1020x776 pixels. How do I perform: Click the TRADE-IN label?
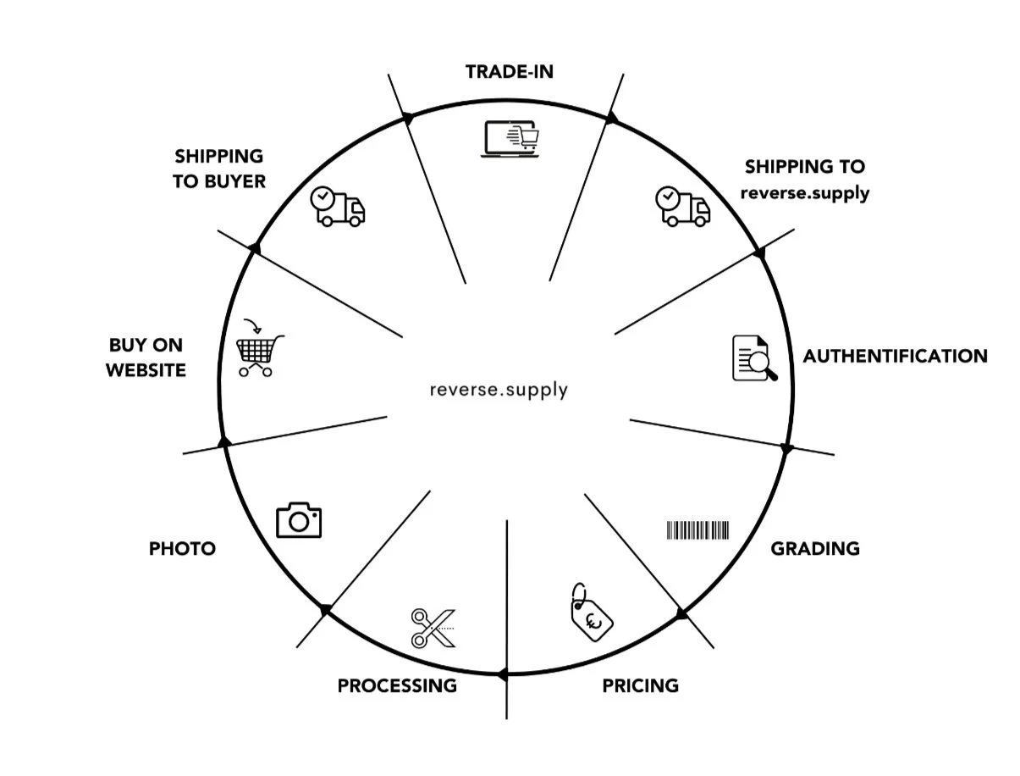click(x=509, y=72)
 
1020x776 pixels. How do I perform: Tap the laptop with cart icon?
click(x=510, y=139)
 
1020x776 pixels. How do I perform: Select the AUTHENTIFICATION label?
click(x=895, y=356)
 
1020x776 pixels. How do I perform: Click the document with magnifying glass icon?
click(x=753, y=358)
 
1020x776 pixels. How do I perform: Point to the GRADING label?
click(x=814, y=549)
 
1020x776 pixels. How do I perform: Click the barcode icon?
click(x=697, y=530)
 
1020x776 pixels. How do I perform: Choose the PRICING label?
click(x=640, y=686)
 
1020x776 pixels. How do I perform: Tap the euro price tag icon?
click(x=591, y=612)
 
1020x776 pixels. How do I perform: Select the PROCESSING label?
click(x=397, y=686)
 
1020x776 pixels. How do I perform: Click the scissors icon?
click(x=433, y=628)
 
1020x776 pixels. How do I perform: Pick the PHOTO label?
click(x=182, y=549)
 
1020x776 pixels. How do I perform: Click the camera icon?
click(x=298, y=520)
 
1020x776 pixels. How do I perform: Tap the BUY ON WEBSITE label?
click(x=146, y=358)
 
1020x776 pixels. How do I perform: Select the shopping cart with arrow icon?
click(x=259, y=347)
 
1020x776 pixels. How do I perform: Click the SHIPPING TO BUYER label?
click(x=219, y=169)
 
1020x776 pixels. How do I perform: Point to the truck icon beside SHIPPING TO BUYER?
click(x=338, y=207)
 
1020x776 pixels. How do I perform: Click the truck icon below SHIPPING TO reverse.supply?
click(x=682, y=207)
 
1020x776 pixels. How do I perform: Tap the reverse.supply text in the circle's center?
click(x=499, y=390)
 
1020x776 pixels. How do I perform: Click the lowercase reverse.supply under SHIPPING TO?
click(x=804, y=193)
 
